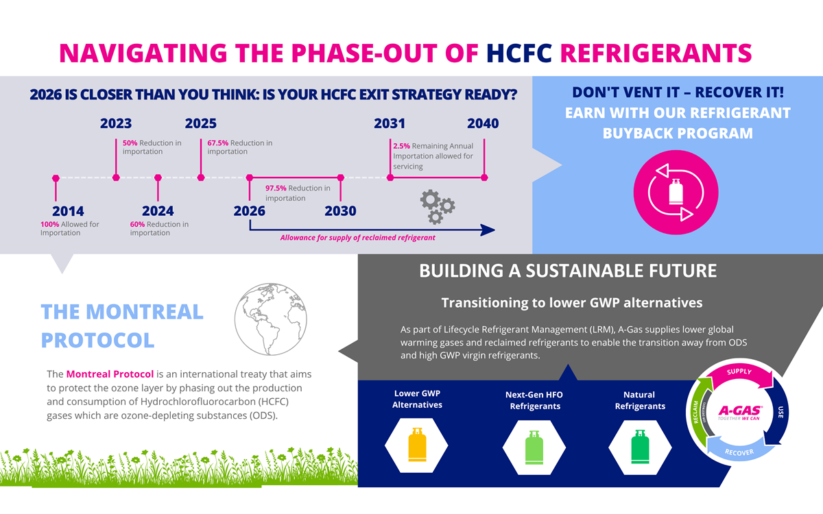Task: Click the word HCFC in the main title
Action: tap(520, 53)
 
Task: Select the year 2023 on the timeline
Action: tap(116, 124)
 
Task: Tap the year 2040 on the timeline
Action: tap(483, 124)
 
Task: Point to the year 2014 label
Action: tap(68, 211)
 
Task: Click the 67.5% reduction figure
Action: tap(217, 143)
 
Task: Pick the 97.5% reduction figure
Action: tap(276, 188)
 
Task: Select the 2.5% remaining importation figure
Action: tap(401, 146)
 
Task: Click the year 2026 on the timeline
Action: tap(250, 211)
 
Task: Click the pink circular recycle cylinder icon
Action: tap(676, 193)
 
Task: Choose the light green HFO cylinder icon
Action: tap(534, 447)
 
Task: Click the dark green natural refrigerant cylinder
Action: tap(640, 447)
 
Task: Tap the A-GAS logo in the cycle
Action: tap(739, 413)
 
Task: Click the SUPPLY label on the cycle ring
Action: tap(739, 372)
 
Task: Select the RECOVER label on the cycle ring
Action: tap(739, 452)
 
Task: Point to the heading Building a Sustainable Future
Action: tap(568, 271)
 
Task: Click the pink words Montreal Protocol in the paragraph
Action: tap(110, 375)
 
